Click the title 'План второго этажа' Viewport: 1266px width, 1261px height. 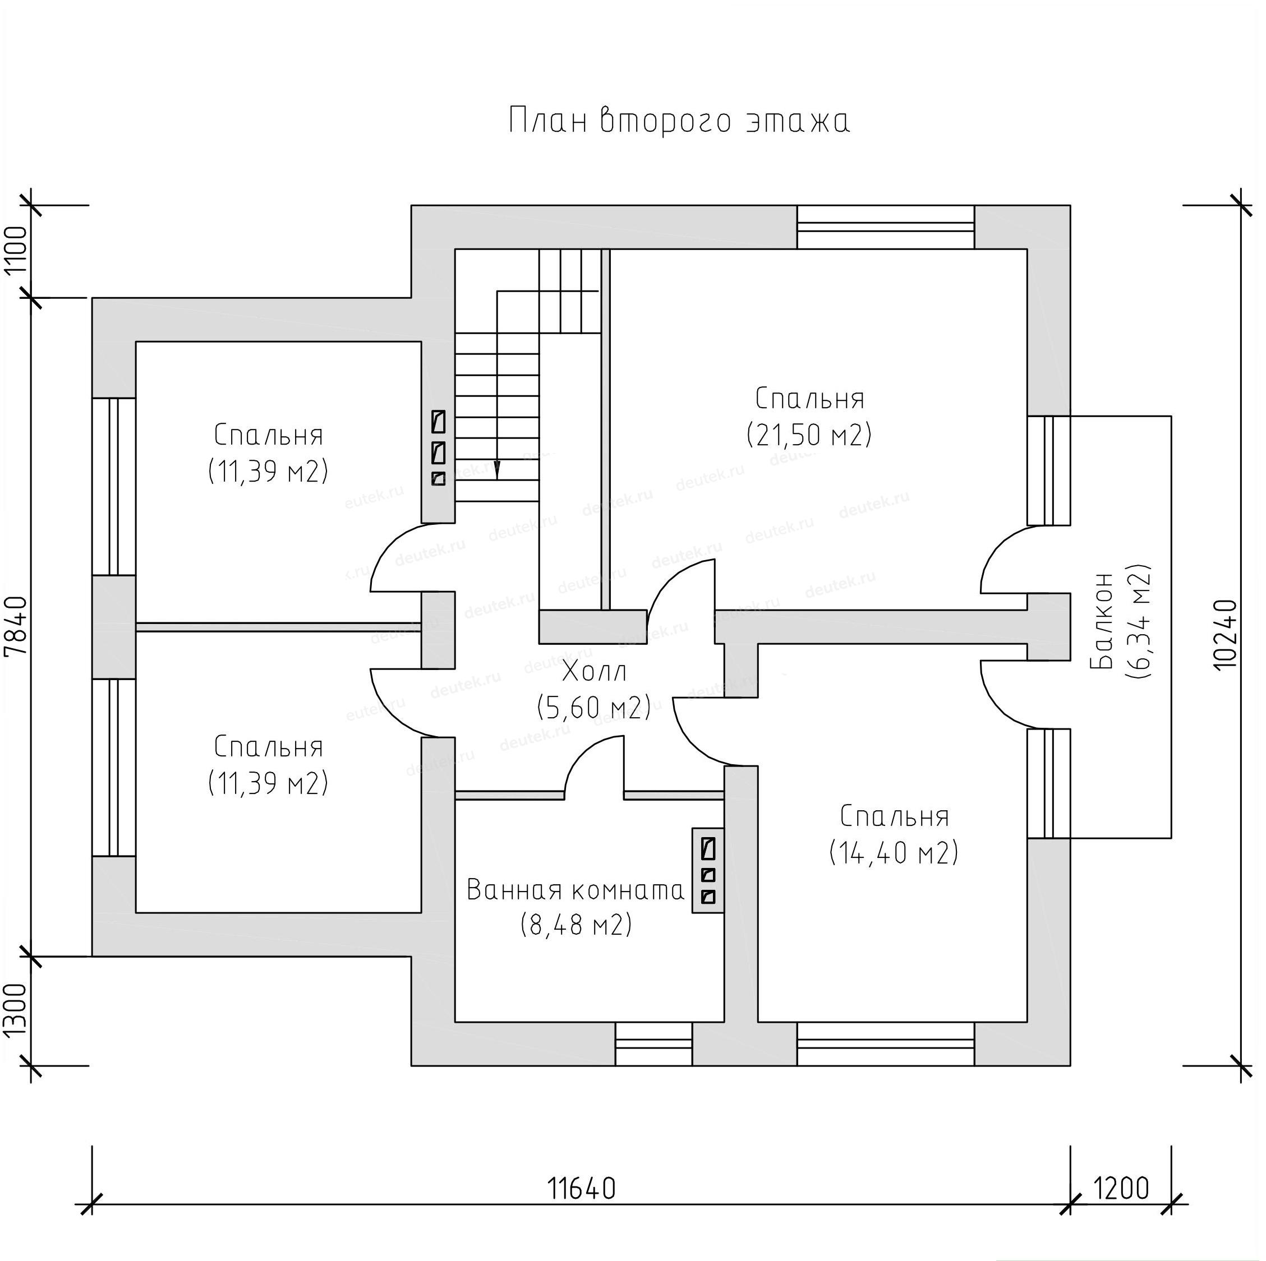click(x=679, y=122)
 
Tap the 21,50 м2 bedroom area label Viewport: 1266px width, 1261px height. click(x=809, y=435)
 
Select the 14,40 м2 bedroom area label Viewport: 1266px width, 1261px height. click(x=894, y=852)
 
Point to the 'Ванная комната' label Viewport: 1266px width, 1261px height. click(x=576, y=890)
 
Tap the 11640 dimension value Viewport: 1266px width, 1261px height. click(x=581, y=1188)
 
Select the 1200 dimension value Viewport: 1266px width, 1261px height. click(x=1121, y=1188)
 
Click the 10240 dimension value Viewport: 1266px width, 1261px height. click(x=1226, y=634)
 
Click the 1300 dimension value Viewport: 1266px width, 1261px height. click(x=16, y=1011)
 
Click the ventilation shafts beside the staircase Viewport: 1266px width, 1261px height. click(x=439, y=447)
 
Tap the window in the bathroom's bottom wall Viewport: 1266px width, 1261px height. click(x=653, y=1043)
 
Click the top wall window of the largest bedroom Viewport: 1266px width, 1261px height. click(x=885, y=227)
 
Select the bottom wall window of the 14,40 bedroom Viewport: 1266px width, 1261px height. click(x=885, y=1043)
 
